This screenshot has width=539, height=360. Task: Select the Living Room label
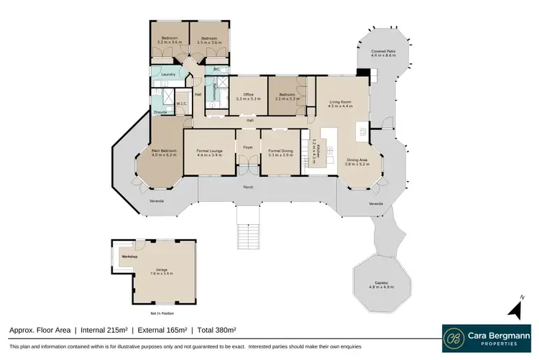[339, 103]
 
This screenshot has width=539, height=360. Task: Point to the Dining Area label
[356, 161]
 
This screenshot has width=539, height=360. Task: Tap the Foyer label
[249, 147]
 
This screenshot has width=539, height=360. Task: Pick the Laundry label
[169, 74]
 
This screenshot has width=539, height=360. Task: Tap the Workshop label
[129, 255]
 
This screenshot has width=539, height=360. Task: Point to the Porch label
[248, 187]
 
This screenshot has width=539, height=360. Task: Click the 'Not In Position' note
[161, 314]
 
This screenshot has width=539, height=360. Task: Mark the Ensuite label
[160, 112]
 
